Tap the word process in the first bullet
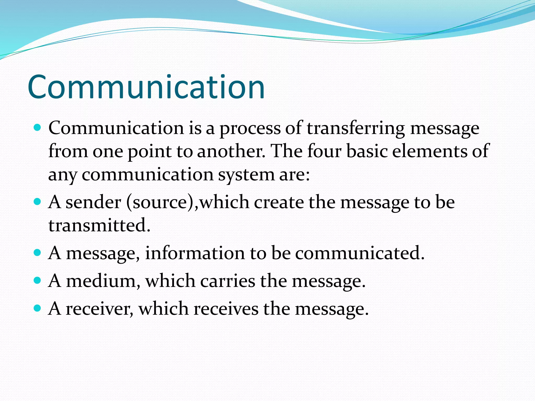(x=250, y=128)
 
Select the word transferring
(x=356, y=128)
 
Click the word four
(x=324, y=151)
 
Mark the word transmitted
(x=99, y=225)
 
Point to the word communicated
(x=360, y=253)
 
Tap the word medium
(x=101, y=281)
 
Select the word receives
(x=226, y=309)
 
